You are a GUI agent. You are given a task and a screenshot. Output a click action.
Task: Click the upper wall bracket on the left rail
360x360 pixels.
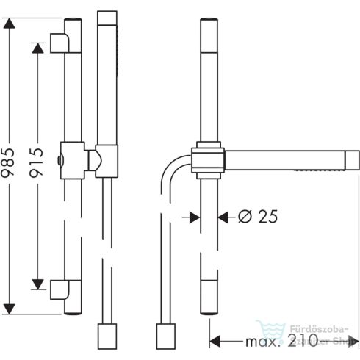pyautogui.click(x=59, y=43)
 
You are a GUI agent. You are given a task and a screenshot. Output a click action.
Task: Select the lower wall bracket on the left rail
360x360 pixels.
pyautogui.click(x=59, y=289)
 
